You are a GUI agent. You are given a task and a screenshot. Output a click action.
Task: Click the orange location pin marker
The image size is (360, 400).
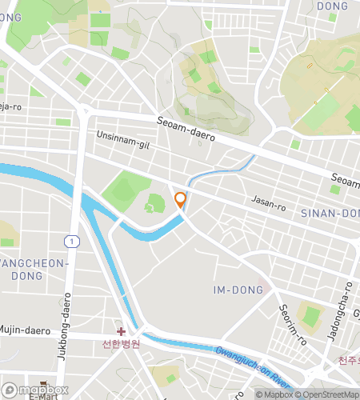pyautogui.click(x=181, y=200)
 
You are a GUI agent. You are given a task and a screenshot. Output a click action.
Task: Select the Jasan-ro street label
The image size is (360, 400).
pyautogui.click(x=268, y=206)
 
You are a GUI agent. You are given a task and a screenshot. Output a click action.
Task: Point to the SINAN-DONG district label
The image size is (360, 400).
pyautogui.click(x=330, y=214)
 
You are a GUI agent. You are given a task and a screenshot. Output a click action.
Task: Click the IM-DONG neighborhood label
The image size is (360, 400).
pyautogui.click(x=239, y=290)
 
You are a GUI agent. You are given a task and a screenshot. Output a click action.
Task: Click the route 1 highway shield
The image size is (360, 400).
pyautogui.click(x=73, y=241)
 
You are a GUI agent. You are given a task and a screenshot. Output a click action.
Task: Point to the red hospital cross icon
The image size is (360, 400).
pyautogui.click(x=121, y=331)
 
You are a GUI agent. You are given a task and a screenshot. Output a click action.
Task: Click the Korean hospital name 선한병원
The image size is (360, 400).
pyautogui.click(x=121, y=345)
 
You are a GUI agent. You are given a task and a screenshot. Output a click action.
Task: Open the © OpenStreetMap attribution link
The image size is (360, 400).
pyautogui.click(x=329, y=394)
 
